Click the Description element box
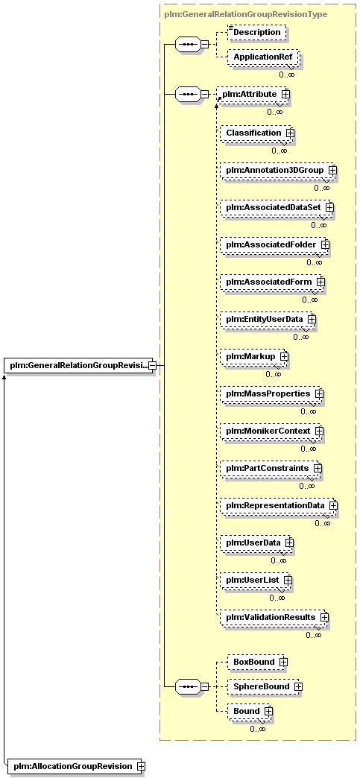tap(256, 32)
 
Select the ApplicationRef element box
tap(262, 57)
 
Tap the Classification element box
tap(257, 133)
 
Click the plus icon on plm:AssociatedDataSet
tap(329, 207)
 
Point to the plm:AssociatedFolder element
tap(275, 244)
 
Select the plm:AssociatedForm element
tap(273, 282)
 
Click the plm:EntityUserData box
tap(268, 319)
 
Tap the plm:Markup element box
tap(254, 356)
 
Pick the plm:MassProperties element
tap(271, 393)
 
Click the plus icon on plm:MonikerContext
tap(319, 431)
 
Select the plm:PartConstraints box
tap(271, 468)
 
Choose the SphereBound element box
tap(265, 686)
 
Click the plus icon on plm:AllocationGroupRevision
tap(141, 766)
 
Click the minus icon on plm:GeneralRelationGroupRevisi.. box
tap(152, 366)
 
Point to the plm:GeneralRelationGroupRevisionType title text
tap(245, 14)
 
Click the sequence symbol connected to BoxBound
tap(188, 686)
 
